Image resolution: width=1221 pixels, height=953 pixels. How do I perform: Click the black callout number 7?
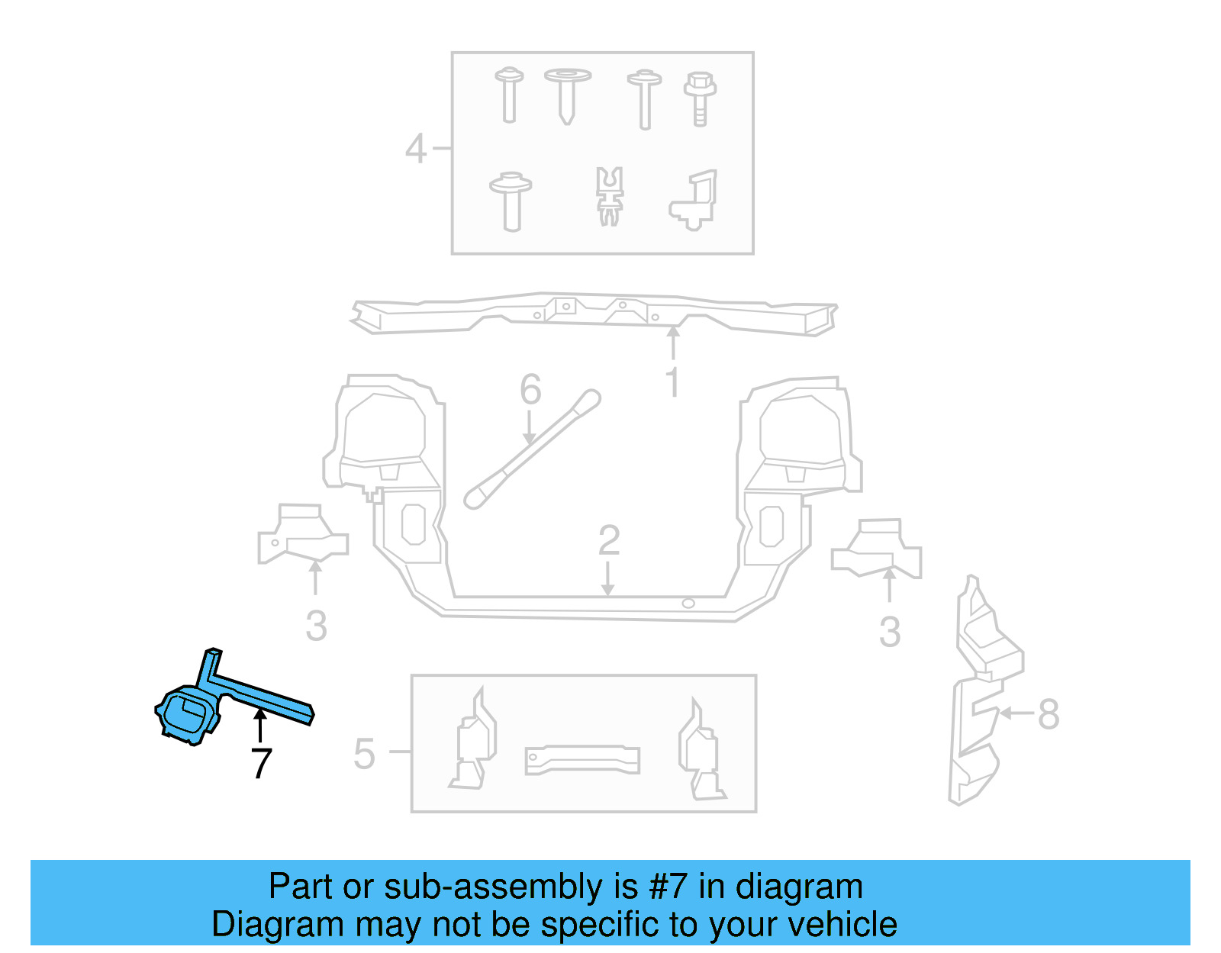[x=261, y=763]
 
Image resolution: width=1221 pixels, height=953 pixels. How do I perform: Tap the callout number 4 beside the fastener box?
[x=416, y=149]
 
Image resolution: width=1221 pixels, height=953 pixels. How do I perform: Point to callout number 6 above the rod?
[x=530, y=390]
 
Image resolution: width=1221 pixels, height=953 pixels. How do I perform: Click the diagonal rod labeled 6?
[x=533, y=450]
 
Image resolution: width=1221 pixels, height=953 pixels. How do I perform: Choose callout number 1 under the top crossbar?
[x=672, y=382]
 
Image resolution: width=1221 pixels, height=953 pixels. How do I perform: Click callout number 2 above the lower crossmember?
[x=608, y=541]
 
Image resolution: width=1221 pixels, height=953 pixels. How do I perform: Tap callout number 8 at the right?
[x=1049, y=714]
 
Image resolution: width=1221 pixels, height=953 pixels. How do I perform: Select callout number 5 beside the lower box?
[x=365, y=754]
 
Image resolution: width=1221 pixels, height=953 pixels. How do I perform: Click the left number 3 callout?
[x=316, y=626]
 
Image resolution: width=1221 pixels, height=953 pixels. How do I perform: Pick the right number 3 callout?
[x=890, y=632]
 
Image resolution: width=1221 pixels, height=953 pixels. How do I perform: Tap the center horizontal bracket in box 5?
[x=582, y=759]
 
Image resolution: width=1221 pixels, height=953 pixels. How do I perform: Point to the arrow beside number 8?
[x=1016, y=713]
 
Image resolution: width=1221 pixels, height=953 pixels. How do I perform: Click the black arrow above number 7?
[x=260, y=724]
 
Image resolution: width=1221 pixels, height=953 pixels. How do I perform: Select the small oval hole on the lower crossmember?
[x=688, y=604]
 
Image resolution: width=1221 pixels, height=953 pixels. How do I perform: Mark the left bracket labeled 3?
[x=302, y=536]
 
